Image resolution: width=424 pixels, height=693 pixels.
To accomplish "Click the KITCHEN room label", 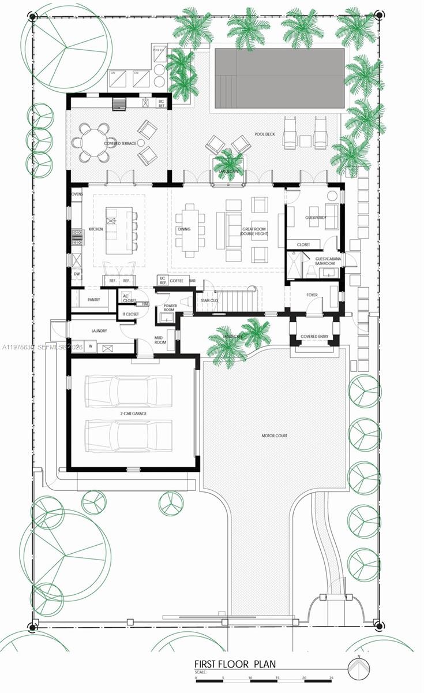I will coord(96,229).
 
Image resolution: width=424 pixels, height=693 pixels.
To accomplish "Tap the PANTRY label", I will coord(95,300).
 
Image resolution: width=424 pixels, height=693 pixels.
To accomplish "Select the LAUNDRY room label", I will coord(100,331).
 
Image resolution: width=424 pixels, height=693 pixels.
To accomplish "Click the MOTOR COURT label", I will coord(274,436).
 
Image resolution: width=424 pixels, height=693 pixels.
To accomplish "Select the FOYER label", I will coord(312,295).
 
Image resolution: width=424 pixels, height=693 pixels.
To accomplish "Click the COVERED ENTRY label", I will coord(315,336).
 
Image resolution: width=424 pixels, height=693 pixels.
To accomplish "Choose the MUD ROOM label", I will coord(160,340).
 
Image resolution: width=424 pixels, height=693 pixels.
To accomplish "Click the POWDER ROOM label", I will coord(170,308).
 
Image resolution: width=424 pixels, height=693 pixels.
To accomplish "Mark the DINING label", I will coord(185,229).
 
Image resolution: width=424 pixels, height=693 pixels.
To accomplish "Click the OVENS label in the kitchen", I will coord(77,194).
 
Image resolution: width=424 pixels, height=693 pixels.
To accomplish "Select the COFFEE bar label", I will coord(177,280).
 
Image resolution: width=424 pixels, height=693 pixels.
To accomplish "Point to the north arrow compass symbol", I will coord(358,669).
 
